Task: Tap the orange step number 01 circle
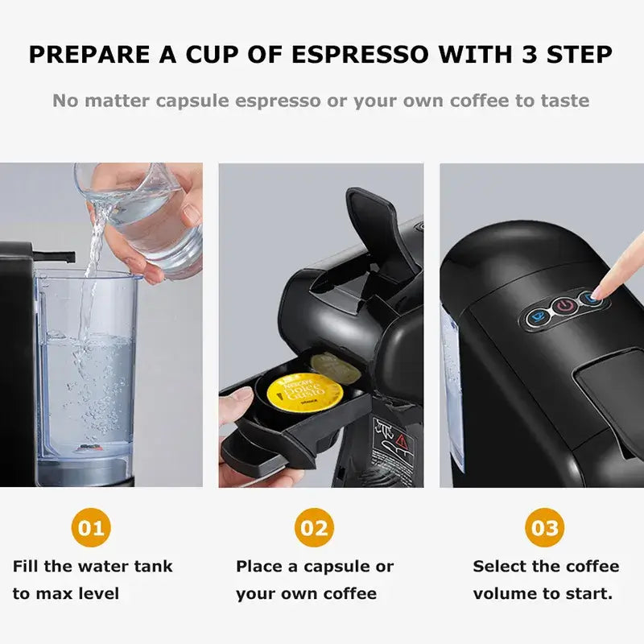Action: (x=91, y=528)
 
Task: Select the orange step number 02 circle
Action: (x=314, y=528)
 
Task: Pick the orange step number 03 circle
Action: (x=545, y=528)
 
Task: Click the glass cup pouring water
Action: (x=141, y=213)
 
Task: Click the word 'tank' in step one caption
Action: (x=152, y=566)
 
